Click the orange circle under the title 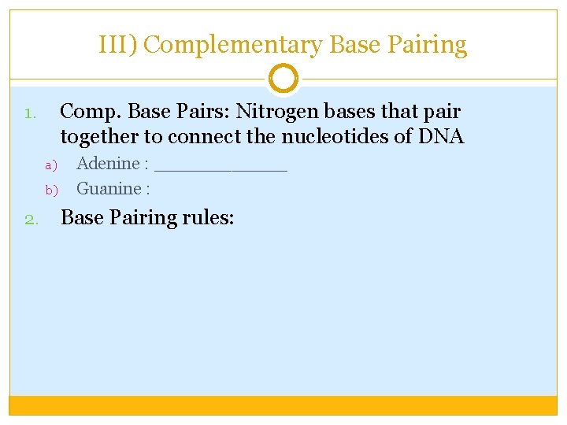[283, 79]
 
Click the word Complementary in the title [233, 45]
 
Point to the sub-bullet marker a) [52, 165]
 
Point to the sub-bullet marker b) [52, 190]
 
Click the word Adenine [108, 164]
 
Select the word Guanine [109, 189]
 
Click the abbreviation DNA [442, 137]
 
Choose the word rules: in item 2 [206, 217]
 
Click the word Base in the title [354, 45]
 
